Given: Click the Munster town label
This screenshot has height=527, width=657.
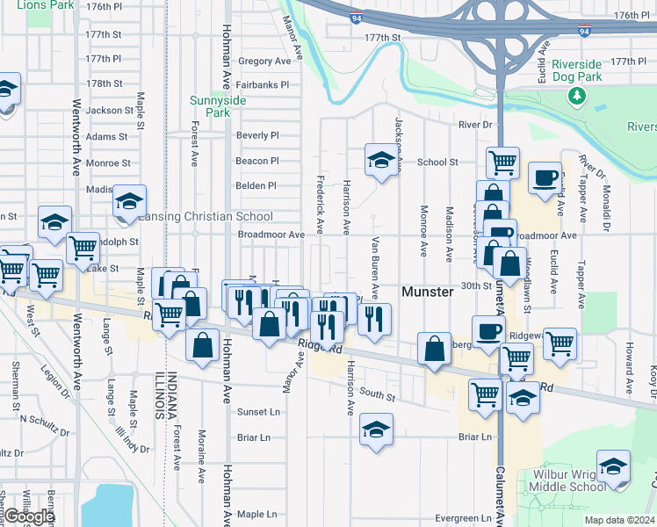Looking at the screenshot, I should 428,292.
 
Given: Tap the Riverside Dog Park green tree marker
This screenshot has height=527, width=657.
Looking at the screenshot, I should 577,95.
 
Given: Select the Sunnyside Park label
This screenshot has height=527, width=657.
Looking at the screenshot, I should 210,106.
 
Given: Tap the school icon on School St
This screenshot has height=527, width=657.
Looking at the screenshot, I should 381,161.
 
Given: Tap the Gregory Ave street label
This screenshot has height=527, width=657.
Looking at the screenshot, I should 264,61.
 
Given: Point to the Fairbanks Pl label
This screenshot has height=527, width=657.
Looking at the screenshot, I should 263,85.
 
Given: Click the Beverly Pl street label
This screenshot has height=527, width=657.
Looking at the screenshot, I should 257,135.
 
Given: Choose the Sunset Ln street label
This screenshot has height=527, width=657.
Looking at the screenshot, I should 258,412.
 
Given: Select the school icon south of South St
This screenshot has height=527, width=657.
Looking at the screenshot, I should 376,430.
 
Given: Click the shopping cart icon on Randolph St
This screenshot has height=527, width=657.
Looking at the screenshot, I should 83,249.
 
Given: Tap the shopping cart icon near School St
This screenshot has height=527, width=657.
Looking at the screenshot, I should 502,162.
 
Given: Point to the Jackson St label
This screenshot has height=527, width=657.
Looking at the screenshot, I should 110,111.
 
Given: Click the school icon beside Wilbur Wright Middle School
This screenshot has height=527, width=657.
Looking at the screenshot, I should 613,466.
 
